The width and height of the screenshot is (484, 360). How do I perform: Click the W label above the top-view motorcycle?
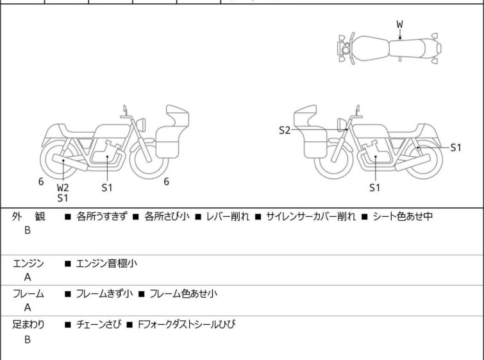pos(399,24)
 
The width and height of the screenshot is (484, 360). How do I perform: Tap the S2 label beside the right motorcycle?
pos(285,130)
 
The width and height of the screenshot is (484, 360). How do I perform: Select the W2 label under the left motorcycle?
pos(63,187)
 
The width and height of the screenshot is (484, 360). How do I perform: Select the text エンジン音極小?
pos(107,262)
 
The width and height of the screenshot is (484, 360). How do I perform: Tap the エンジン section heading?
pos(28,262)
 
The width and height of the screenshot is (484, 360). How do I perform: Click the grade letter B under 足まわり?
pos(28,339)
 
